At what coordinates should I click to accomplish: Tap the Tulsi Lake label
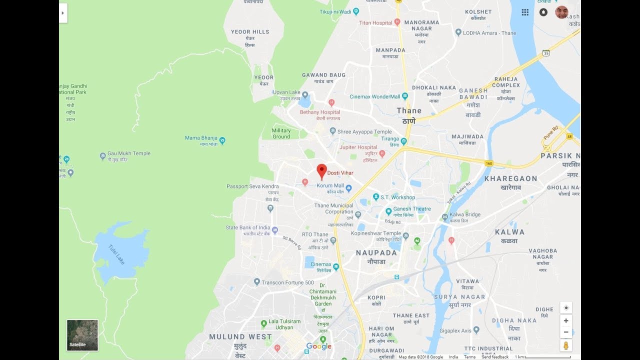[118, 253]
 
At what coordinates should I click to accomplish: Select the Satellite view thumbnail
[82, 335]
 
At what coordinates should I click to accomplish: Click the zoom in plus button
[566, 321]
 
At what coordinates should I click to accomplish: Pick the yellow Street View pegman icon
[566, 345]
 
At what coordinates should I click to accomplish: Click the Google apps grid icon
[525, 12]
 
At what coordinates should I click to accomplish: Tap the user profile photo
[561, 12]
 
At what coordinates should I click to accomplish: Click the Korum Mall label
[330, 185]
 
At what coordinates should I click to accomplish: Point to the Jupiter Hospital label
[358, 147]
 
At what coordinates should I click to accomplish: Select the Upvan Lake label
[286, 92]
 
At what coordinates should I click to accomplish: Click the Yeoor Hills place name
[250, 32]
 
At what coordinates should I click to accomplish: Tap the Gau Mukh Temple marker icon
[102, 156]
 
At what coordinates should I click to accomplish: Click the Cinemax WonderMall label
[375, 96]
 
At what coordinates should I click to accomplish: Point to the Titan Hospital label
[375, 23]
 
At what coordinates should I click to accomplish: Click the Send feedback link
[495, 357]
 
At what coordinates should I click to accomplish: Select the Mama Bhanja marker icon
[222, 140]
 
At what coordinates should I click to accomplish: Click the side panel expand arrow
[63, 13]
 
